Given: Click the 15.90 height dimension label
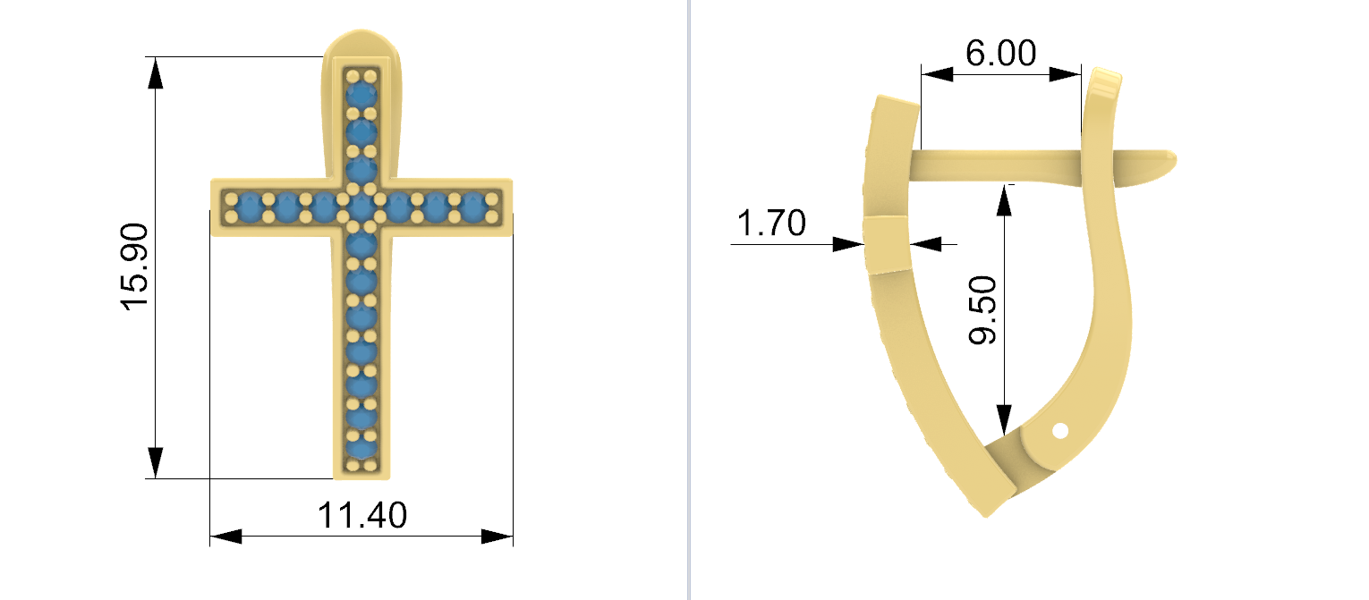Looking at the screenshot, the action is pyautogui.click(x=134, y=267).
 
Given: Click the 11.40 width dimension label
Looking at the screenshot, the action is pyautogui.click(x=361, y=515).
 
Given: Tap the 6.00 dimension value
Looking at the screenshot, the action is pyautogui.click(x=1000, y=53).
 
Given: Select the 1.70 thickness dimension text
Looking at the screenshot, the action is pyautogui.click(x=771, y=223).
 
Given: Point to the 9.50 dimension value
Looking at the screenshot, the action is pyautogui.click(x=982, y=309).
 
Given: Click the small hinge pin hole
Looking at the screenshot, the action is pyautogui.click(x=1060, y=431).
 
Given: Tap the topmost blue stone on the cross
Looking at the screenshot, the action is pyautogui.click(x=361, y=95).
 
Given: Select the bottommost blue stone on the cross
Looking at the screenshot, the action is pyautogui.click(x=361, y=448).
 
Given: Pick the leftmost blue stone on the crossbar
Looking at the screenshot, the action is pyautogui.click(x=250, y=207).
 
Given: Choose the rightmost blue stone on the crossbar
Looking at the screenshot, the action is pyautogui.click(x=472, y=207).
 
